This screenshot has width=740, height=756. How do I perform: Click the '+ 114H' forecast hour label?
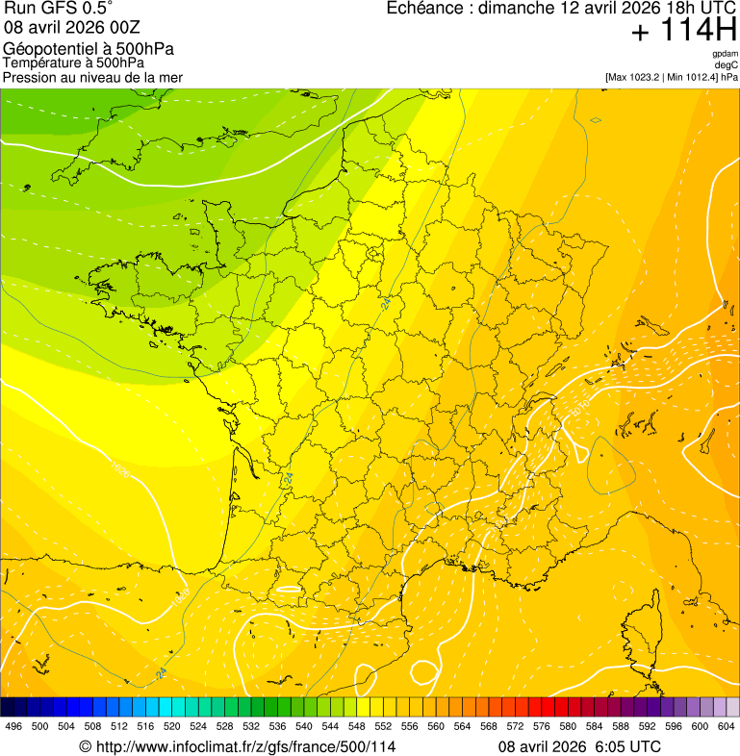click(683, 31)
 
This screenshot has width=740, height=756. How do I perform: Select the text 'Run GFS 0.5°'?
click(59, 9)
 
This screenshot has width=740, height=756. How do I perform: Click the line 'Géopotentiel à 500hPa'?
click(89, 48)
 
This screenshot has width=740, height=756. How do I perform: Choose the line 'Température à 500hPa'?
click(73, 63)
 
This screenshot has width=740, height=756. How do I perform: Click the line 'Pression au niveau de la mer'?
click(92, 77)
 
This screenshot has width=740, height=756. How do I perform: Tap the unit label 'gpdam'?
click(725, 54)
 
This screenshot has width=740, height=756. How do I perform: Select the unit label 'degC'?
click(727, 64)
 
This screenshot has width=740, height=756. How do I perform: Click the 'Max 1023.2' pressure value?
click(637, 77)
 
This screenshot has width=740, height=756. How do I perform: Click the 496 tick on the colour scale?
click(13, 726)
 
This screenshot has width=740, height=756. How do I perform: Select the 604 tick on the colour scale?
click(727, 726)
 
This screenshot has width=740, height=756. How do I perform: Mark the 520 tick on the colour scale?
click(172, 726)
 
